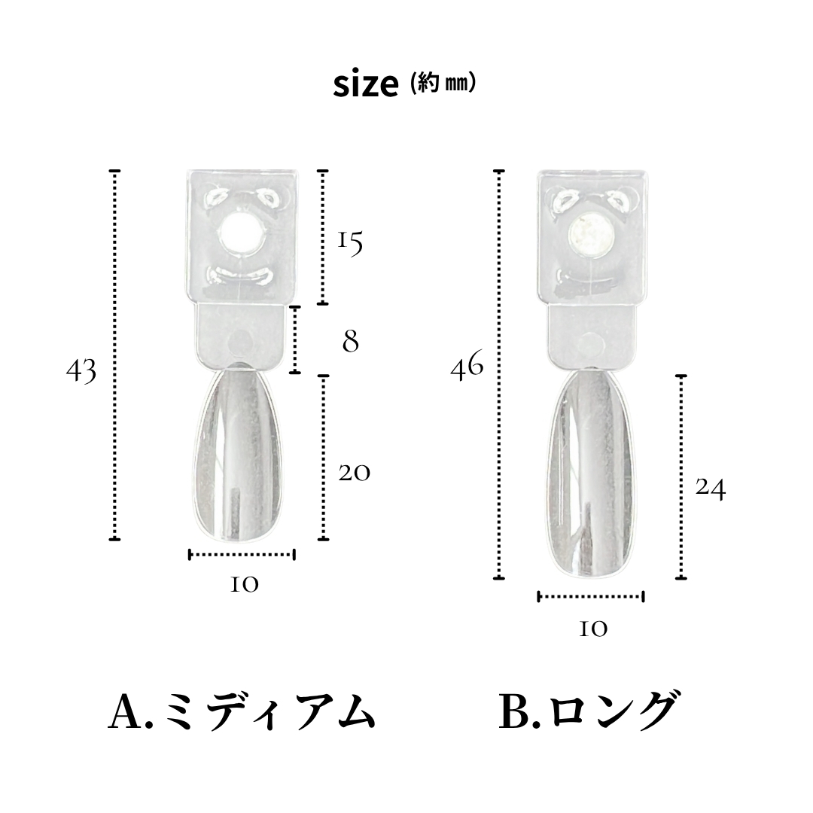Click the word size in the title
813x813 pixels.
365,85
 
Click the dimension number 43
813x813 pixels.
81,370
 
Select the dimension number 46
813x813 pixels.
467,368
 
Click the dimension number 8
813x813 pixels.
350,342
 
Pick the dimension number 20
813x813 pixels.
354,473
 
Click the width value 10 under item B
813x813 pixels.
593,629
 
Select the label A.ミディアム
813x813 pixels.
242,711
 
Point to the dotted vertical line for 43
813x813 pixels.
115,355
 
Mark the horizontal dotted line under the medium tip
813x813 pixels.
242,555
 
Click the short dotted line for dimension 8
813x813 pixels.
296,340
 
